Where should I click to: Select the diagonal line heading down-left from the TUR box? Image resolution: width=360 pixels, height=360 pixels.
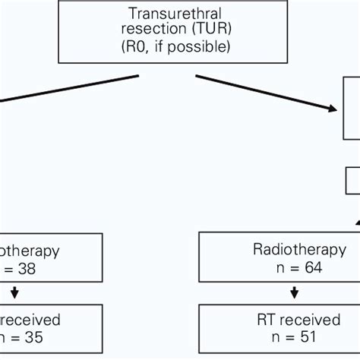pos(68,87)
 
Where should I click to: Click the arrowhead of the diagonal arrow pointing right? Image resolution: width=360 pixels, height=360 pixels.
pos(332,109)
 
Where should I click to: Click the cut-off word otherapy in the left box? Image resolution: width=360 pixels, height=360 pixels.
pos(30,249)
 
